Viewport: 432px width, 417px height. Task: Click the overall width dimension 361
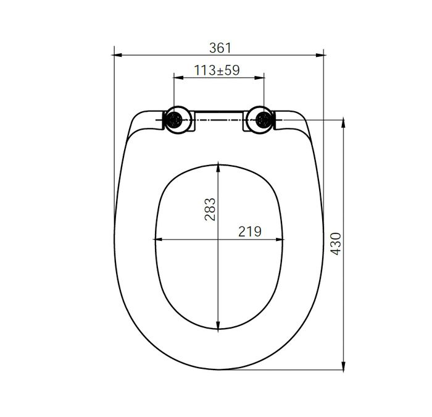[x=220, y=47]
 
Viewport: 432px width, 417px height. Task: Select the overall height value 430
[x=336, y=245]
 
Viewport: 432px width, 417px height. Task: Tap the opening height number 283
[x=210, y=210]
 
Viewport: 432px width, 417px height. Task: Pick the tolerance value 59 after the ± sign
[x=232, y=70]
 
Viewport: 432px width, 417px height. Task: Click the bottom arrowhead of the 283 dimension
[x=218, y=327]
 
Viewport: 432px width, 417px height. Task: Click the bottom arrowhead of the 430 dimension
[x=343, y=366]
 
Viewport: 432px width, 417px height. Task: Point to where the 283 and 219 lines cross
[x=218, y=239]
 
